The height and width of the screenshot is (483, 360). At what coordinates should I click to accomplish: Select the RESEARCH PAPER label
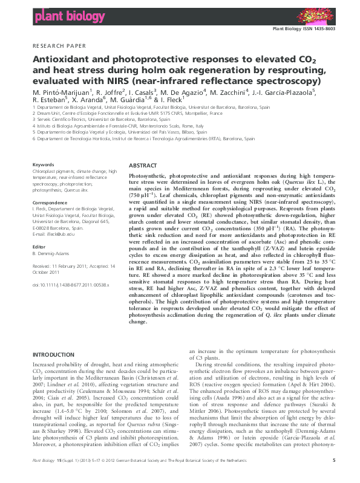pos(54,46)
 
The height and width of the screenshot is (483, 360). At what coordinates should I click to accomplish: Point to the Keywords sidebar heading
pos(43,164)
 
